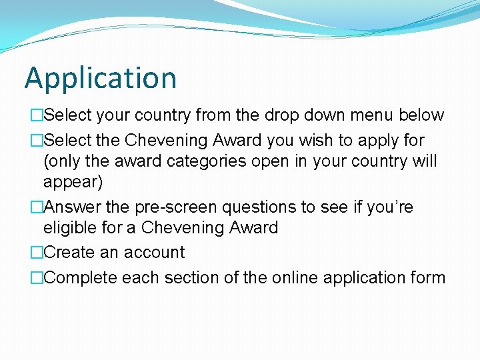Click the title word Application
coord(101,79)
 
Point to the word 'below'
coord(421,115)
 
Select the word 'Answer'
coord(72,207)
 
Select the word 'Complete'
coord(81,278)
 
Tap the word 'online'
coord(297,278)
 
